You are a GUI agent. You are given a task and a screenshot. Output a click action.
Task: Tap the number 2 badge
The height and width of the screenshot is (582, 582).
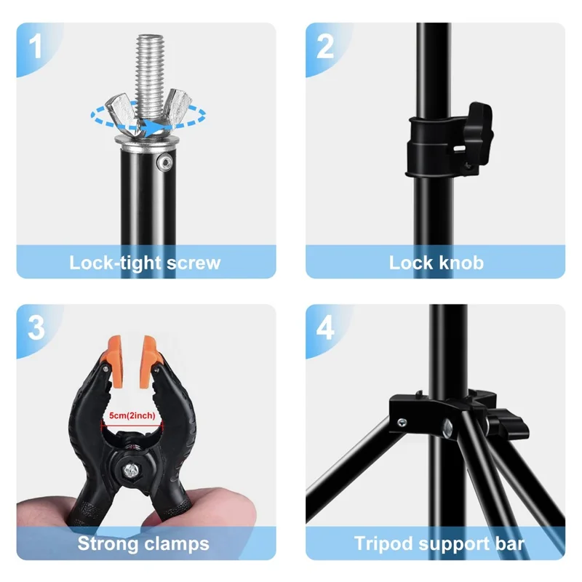coord(325,47)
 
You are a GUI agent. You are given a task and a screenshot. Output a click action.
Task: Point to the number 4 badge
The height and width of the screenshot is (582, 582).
coord(325,327)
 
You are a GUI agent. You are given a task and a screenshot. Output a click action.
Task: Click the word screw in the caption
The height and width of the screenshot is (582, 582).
coord(193,263)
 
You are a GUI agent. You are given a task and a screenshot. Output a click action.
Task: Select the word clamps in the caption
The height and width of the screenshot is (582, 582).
coord(175,543)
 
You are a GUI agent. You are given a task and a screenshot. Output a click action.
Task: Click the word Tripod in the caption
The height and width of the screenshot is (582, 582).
coord(383,543)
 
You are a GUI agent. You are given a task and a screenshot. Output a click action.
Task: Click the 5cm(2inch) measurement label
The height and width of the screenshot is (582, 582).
coord(131,415)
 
